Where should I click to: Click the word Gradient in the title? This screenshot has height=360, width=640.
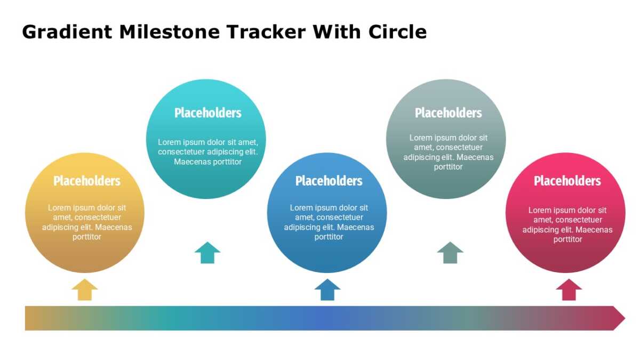point(67,32)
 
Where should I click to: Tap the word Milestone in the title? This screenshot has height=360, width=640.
point(170,31)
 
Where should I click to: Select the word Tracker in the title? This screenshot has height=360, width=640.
point(266,31)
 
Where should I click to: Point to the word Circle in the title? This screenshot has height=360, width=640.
point(397,31)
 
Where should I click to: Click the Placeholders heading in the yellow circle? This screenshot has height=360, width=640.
point(87,181)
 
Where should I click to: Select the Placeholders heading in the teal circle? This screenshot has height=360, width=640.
point(207,113)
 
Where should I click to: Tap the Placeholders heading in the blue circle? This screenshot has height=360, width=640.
point(329,181)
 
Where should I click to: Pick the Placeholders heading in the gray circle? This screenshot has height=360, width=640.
point(449,113)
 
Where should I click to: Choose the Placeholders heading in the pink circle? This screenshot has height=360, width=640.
point(567,181)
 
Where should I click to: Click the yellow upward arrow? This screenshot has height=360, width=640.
point(85,290)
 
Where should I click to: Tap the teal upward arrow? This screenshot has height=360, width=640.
point(207,253)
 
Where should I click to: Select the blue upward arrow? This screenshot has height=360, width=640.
point(327,290)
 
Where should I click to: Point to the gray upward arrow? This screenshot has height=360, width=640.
point(450,253)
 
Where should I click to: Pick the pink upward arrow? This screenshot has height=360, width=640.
point(569,290)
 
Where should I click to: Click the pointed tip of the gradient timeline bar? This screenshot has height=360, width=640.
point(625,318)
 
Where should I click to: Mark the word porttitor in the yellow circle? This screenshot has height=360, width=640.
point(87,237)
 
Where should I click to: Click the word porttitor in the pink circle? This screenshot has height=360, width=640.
point(567,239)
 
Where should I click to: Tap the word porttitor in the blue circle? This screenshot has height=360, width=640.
point(329,237)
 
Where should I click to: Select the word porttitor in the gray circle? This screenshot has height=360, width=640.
point(449,167)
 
